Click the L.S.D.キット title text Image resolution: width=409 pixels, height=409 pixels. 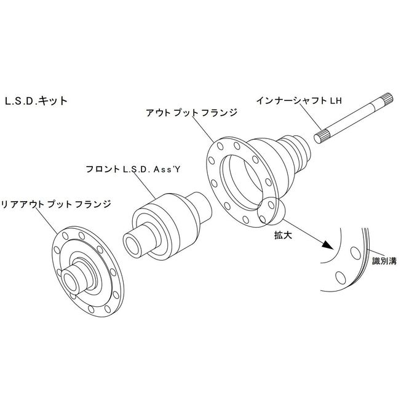click(x=36, y=101)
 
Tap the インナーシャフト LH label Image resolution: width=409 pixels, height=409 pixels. click(x=299, y=101)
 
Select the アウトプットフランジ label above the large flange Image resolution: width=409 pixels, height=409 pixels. click(x=191, y=113)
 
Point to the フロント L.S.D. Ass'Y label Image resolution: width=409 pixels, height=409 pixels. click(x=133, y=169)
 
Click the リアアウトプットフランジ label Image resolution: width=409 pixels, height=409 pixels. click(x=56, y=204)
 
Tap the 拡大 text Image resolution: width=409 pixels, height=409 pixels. click(x=284, y=236)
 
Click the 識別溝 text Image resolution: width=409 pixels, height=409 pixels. click(x=384, y=261)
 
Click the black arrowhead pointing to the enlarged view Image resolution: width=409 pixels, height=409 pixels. click(x=328, y=245)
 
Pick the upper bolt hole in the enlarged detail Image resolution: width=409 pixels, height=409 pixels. click(x=355, y=253)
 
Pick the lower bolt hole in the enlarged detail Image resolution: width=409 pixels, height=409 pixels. click(x=341, y=277)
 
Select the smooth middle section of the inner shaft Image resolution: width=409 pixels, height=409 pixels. click(x=355, y=117)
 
